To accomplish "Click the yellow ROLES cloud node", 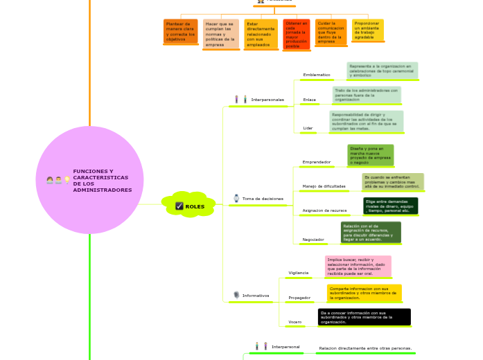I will (x=189, y=205).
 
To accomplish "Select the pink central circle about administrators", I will (x=90, y=180).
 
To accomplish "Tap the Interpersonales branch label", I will (x=267, y=100).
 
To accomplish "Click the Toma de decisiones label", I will (x=263, y=199).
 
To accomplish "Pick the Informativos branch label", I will (x=256, y=296).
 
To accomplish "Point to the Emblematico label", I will (x=317, y=74).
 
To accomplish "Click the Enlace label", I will (x=309, y=100).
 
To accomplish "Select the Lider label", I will (x=308, y=128).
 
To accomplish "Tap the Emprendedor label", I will (x=316, y=162).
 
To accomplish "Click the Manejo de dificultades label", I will (x=324, y=186).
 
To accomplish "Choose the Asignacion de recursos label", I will (x=324, y=210).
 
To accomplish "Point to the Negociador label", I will (x=313, y=240).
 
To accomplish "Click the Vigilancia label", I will (x=298, y=273).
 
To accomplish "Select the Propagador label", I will (x=299, y=298).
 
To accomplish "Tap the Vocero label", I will (x=295, y=323).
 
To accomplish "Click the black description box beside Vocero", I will (x=364, y=317).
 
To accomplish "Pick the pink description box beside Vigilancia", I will (x=358, y=266).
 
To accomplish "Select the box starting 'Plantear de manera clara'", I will (x=180, y=31).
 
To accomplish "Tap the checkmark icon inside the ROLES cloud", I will (x=179, y=206).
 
